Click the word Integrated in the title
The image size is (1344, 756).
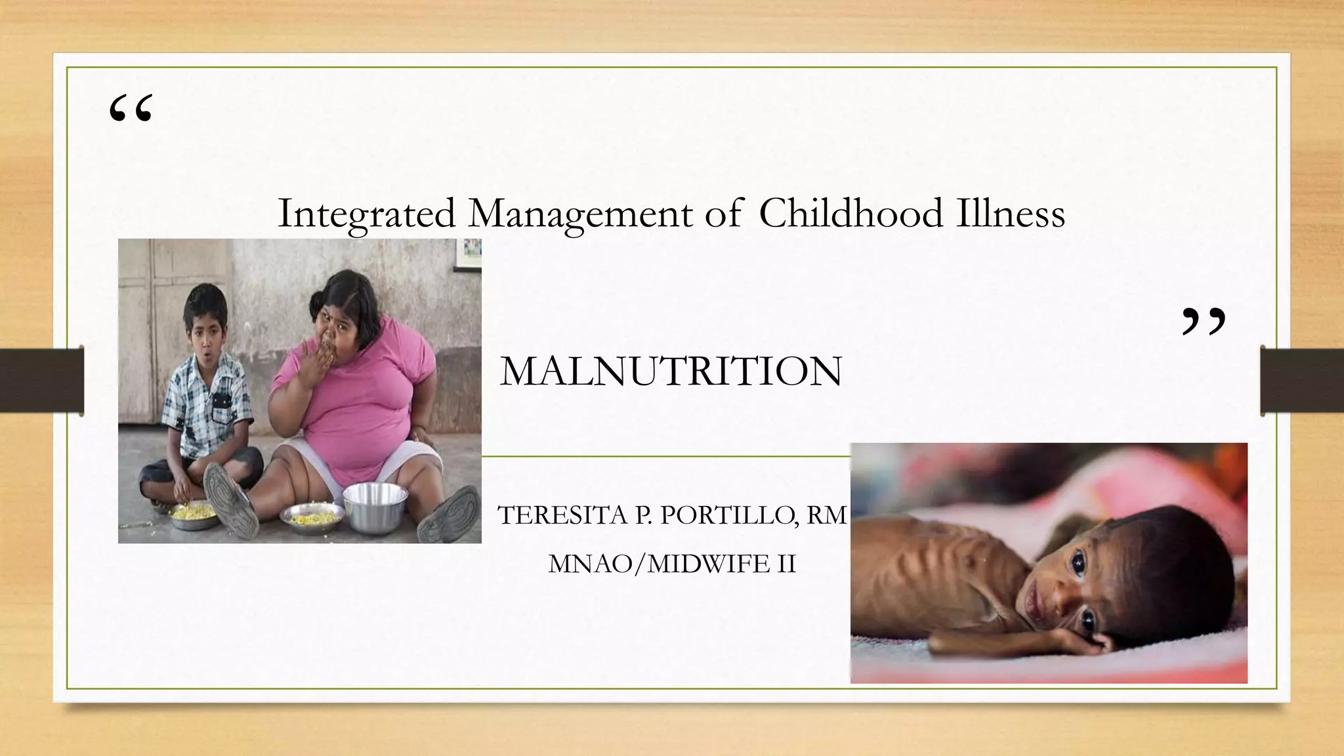(x=366, y=215)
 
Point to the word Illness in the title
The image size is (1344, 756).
(x=1010, y=213)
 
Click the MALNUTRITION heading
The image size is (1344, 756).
(x=671, y=371)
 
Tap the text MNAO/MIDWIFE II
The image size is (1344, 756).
(x=672, y=564)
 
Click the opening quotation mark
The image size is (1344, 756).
(x=131, y=109)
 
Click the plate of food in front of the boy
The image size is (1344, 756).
(x=194, y=515)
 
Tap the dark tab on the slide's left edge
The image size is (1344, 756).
(x=41, y=381)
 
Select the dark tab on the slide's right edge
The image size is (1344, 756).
(x=1302, y=381)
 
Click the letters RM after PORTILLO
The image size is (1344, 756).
(x=827, y=516)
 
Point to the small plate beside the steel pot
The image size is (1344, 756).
(x=311, y=516)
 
